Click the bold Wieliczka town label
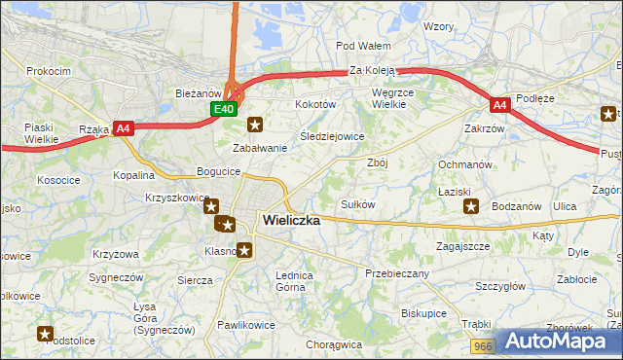(291, 221)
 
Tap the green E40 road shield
(224, 109)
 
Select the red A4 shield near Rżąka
(123, 127)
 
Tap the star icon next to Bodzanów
(471, 206)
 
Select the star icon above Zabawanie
(255, 125)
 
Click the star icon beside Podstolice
(45, 334)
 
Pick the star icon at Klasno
(244, 250)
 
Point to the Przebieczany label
(397, 273)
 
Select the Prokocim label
(49, 71)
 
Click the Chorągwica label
(333, 344)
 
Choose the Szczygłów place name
(500, 286)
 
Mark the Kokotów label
(315, 103)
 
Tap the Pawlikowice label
(247, 324)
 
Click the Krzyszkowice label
(178, 198)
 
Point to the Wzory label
(439, 26)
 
